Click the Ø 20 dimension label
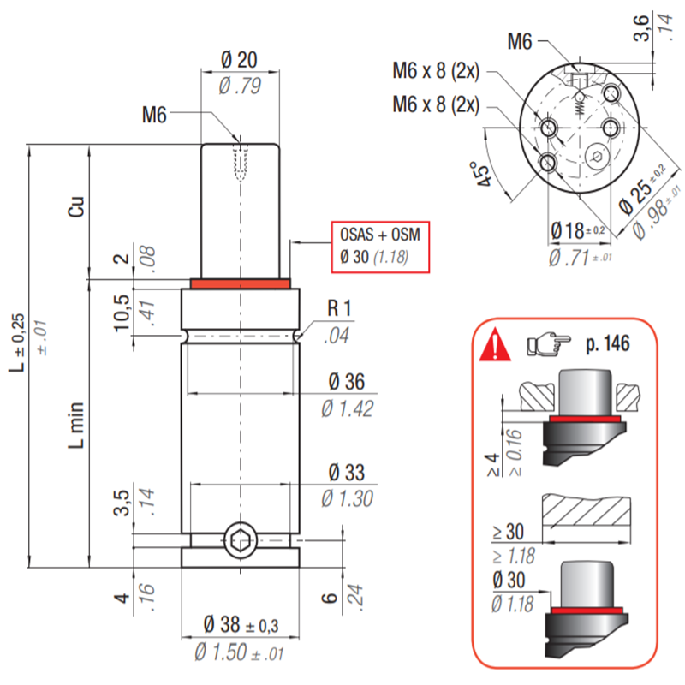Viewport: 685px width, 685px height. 239,59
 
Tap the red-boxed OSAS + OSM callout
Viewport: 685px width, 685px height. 380,247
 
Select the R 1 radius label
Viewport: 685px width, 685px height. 339,308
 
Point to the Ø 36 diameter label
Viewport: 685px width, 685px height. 347,381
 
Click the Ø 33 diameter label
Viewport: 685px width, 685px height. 347,473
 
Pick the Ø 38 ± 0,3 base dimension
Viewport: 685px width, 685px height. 241,624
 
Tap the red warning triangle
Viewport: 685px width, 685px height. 495,345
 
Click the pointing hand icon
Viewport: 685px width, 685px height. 548,344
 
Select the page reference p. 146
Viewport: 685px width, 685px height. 608,344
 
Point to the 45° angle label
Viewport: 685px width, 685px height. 482,174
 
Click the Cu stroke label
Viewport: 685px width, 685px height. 76,206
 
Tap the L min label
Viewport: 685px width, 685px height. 76,425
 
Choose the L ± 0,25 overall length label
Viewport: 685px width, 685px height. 17,343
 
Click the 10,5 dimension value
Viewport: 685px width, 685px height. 122,313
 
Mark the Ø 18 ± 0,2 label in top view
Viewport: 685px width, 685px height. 577,230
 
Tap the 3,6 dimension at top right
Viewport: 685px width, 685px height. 640,28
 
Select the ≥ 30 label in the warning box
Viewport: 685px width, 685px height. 508,532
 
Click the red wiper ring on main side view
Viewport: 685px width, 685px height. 241,284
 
